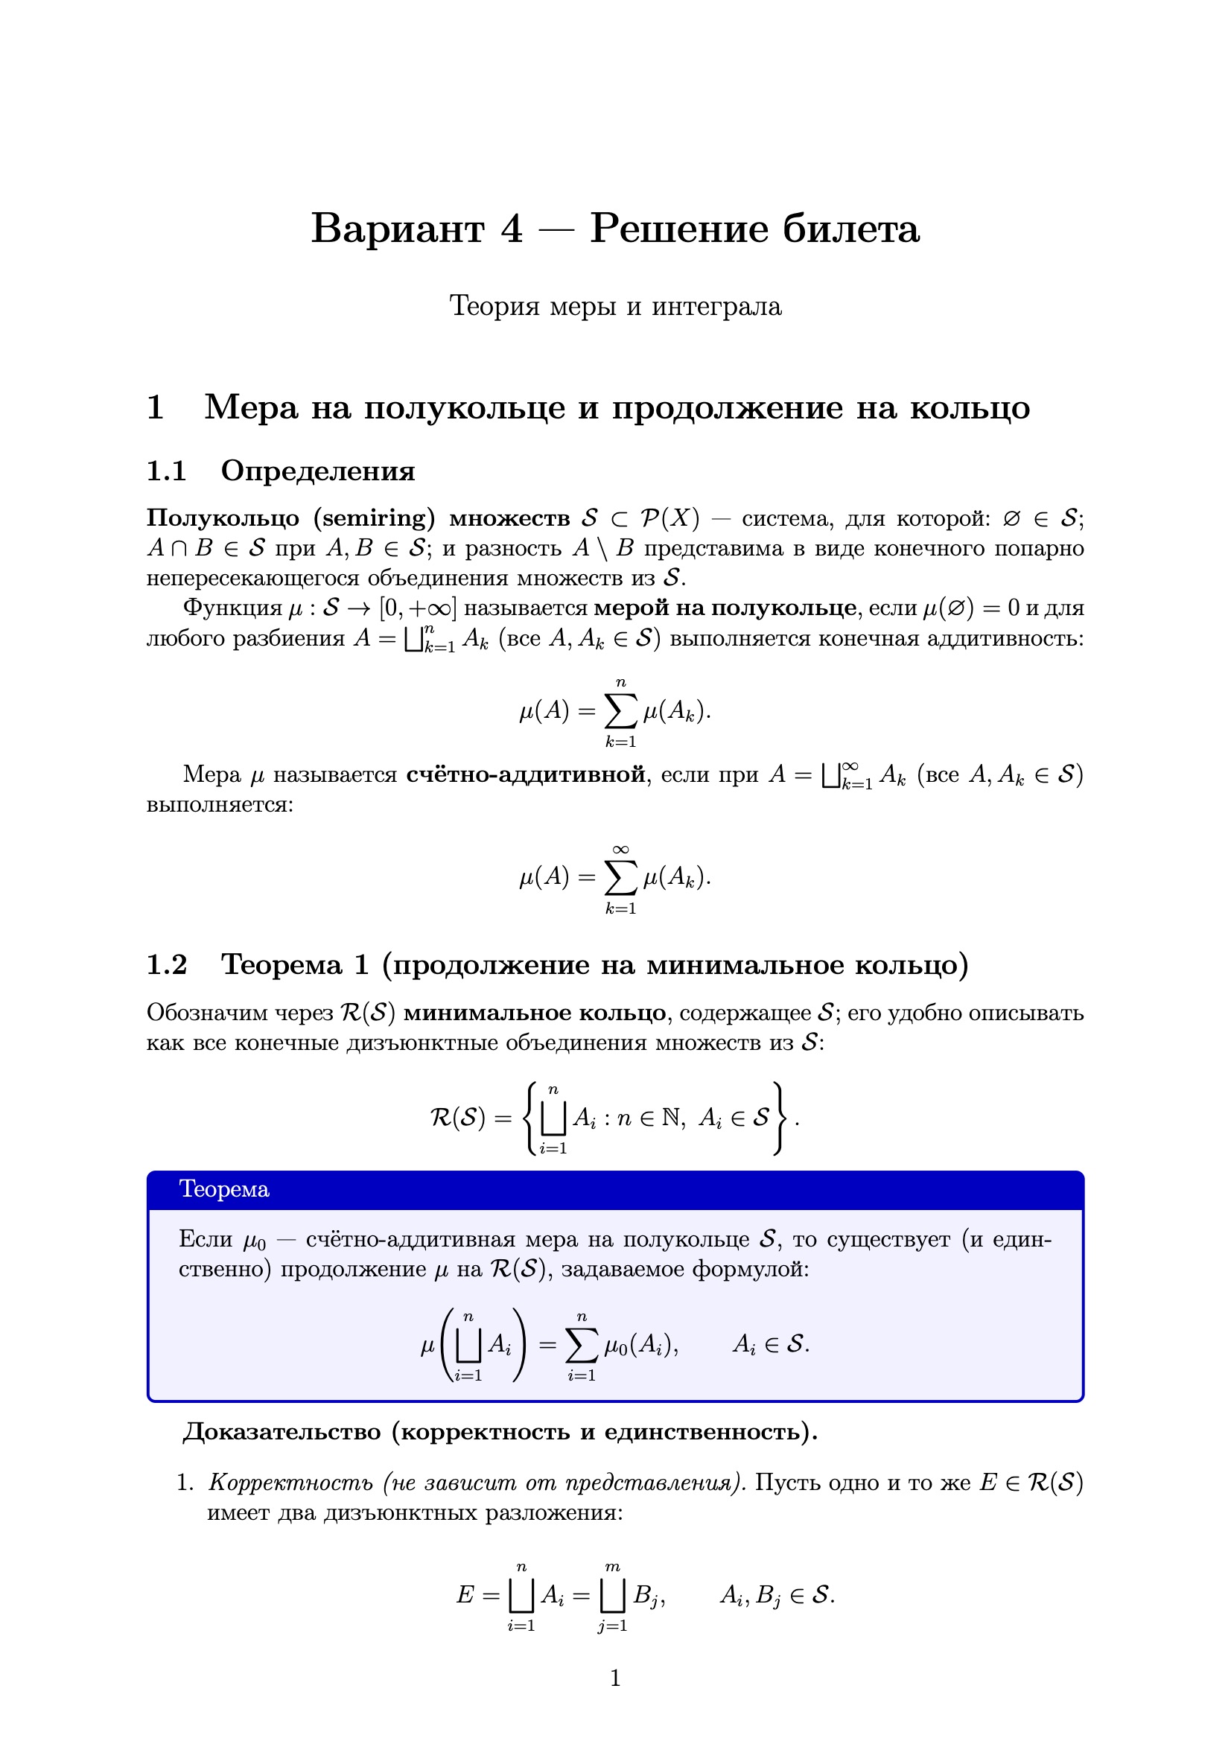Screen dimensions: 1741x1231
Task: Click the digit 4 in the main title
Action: pyautogui.click(x=511, y=229)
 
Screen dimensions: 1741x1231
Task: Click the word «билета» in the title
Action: pyautogui.click(x=850, y=229)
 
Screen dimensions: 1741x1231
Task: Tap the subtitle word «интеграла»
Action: pyautogui.click(x=716, y=306)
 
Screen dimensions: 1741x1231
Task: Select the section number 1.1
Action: pyautogui.click(x=166, y=471)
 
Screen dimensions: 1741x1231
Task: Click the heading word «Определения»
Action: pyautogui.click(x=318, y=471)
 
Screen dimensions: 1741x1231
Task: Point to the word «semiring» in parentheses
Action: pyautogui.click(x=375, y=519)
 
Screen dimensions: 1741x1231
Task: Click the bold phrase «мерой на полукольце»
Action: pyautogui.click(x=725, y=608)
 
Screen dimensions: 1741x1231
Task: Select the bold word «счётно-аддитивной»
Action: pyautogui.click(x=526, y=774)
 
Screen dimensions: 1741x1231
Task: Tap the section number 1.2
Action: pyautogui.click(x=166, y=964)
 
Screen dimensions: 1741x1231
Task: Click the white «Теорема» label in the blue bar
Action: pyautogui.click(x=223, y=1189)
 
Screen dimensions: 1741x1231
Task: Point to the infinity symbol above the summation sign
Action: pyautogui.click(x=620, y=849)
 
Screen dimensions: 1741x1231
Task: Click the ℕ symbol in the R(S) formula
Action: pyautogui.click(x=671, y=1118)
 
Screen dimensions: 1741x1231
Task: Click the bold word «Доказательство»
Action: pyautogui.click(x=281, y=1432)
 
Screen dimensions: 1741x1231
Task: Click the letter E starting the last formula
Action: pyautogui.click(x=465, y=1595)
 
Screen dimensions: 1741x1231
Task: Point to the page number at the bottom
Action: pyautogui.click(x=615, y=1678)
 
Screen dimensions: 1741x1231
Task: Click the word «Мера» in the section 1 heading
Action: pyautogui.click(x=251, y=408)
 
